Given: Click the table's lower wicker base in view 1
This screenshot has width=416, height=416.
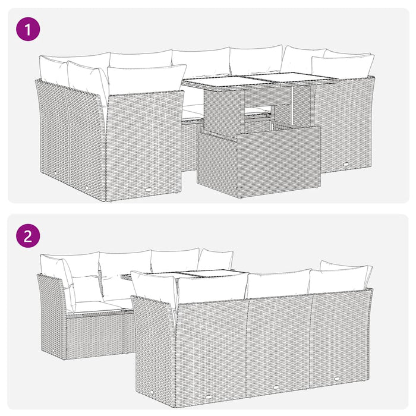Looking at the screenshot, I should pyautogui.click(x=259, y=163).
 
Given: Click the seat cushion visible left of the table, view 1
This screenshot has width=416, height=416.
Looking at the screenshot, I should pyautogui.click(x=193, y=110).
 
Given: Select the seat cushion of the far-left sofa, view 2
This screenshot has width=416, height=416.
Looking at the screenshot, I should pyautogui.click(x=98, y=306).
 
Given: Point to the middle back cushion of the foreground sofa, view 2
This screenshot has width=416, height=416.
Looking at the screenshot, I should pyautogui.click(x=278, y=283).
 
